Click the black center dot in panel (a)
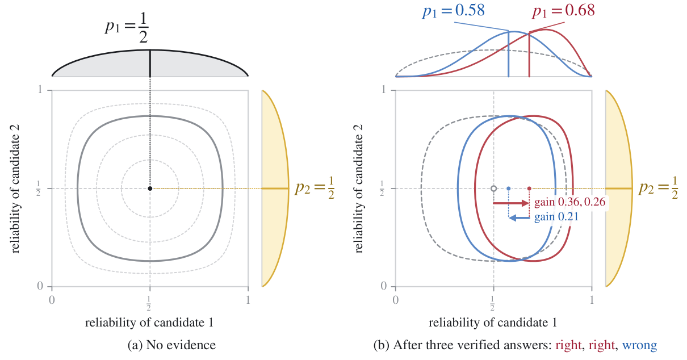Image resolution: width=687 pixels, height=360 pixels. pyautogui.click(x=150, y=189)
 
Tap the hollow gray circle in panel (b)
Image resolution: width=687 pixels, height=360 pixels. pyautogui.click(x=493, y=189)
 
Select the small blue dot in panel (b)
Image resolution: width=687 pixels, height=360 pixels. pyautogui.click(x=509, y=189)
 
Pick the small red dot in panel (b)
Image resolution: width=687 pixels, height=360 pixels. pyautogui.click(x=529, y=189)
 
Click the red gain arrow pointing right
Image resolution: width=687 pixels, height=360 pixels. pyautogui.click(x=511, y=203)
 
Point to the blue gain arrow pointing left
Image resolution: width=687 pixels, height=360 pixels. pyautogui.click(x=520, y=218)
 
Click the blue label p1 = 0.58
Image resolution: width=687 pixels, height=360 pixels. pyautogui.click(x=454, y=11)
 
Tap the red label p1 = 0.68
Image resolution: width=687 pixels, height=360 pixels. pyautogui.click(x=564, y=11)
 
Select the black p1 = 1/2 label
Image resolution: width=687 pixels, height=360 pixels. pyautogui.click(x=127, y=28)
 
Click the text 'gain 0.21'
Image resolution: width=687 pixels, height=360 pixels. pyautogui.click(x=556, y=217)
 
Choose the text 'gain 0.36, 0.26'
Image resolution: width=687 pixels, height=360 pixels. pyautogui.click(x=570, y=202)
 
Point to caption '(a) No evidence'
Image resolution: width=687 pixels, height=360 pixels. pyautogui.click(x=171, y=345)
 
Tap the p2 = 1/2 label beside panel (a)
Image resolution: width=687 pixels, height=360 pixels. pyautogui.click(x=315, y=188)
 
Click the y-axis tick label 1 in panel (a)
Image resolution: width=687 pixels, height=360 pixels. pyautogui.click(x=40, y=90)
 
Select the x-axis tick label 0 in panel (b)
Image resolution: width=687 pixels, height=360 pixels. pyautogui.click(x=396, y=300)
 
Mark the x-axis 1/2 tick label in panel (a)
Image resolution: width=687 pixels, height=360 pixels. pyautogui.click(x=149, y=303)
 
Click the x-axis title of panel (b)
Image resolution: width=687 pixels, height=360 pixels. pyautogui.click(x=493, y=323)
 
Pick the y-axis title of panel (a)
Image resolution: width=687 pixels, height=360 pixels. pyautogui.click(x=15, y=189)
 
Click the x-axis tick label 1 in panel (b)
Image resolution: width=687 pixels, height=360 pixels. pyautogui.click(x=592, y=300)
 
